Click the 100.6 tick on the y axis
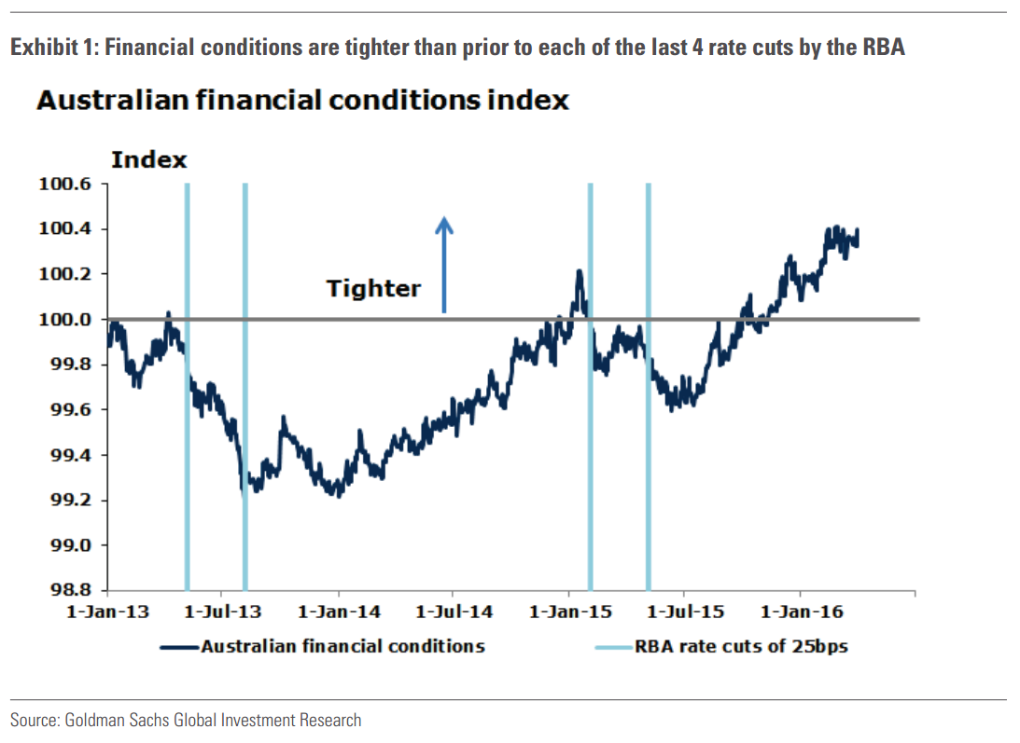[65, 184]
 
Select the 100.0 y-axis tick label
[65, 320]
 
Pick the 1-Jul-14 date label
[454, 612]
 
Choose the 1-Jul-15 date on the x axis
[685, 612]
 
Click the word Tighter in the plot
[373, 289]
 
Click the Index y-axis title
[149, 160]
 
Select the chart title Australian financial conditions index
[302, 100]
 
